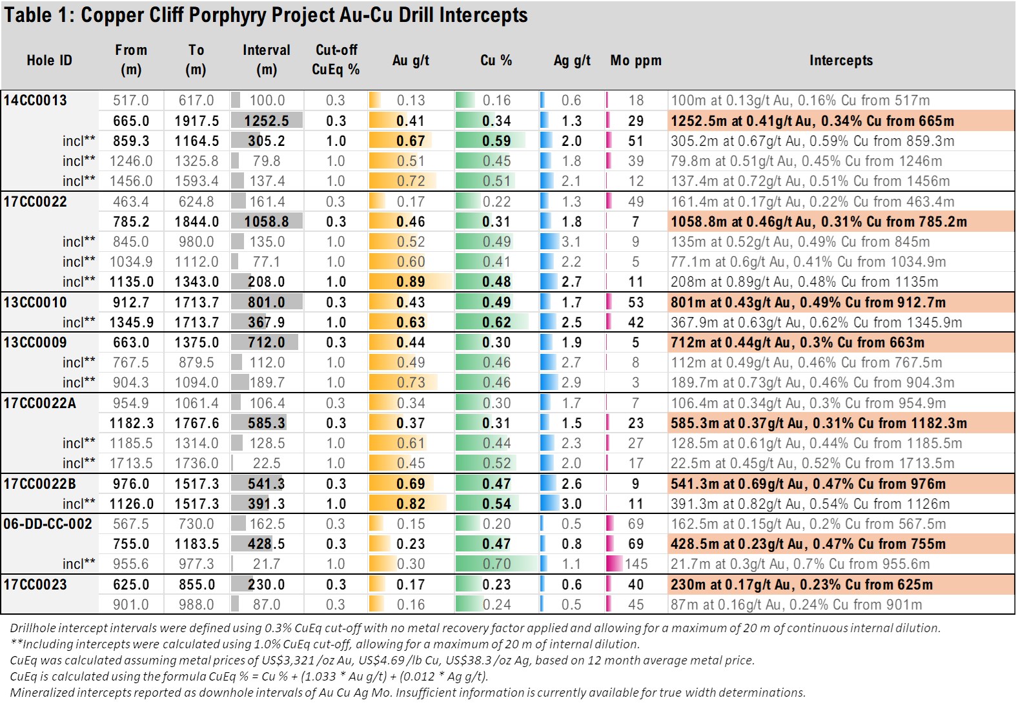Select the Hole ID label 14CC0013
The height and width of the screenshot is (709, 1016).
[36, 100]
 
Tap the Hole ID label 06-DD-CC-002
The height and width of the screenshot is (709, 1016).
[48, 524]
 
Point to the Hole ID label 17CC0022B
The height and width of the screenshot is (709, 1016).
[39, 484]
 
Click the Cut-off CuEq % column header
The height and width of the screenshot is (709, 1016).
[336, 59]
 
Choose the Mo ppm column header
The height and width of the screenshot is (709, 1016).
[636, 60]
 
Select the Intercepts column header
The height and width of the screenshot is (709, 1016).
[840, 60]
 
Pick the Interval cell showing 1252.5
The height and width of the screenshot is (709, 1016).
[267, 121]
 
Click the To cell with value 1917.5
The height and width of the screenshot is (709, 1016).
[196, 121]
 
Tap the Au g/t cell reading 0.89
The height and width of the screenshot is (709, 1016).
[411, 282]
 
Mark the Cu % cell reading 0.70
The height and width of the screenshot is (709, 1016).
[496, 564]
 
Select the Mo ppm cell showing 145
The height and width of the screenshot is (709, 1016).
[636, 564]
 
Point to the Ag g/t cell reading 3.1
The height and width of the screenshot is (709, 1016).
[571, 241]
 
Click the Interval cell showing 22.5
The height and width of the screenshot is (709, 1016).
[267, 463]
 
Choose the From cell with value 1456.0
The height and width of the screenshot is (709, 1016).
[131, 181]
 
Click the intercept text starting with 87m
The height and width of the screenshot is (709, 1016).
[796, 604]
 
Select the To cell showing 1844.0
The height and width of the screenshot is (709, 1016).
[196, 221]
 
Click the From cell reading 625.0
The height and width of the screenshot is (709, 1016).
[131, 584]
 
